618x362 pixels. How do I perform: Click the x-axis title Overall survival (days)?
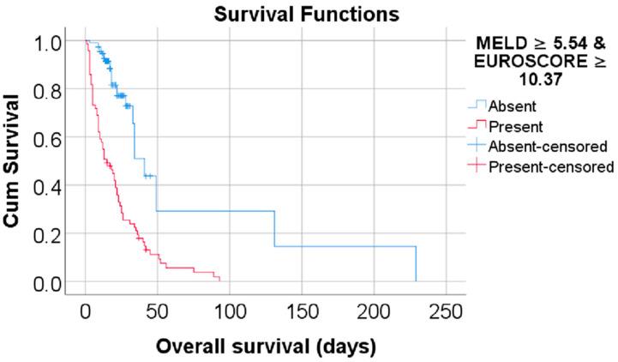pyautogui.click(x=266, y=347)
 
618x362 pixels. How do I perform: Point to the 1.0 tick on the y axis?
pyautogui.click(x=50, y=40)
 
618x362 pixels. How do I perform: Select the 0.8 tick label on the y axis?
pyautogui.click(x=50, y=89)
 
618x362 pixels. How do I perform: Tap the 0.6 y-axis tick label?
pyautogui.click(x=50, y=137)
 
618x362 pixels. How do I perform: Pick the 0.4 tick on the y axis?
pyautogui.click(x=50, y=185)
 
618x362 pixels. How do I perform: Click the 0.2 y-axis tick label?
pyautogui.click(x=50, y=233)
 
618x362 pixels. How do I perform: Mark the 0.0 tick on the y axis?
pyautogui.click(x=50, y=281)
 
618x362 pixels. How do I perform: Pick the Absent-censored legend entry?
pyautogui.click(x=542, y=147)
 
